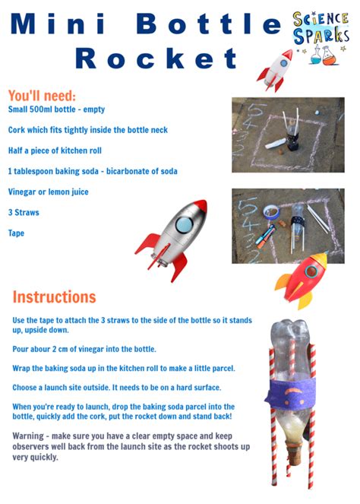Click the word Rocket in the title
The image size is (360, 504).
[156, 58]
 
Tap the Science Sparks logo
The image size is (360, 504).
[321, 37]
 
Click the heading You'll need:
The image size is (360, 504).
[42, 96]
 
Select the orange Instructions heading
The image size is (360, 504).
[54, 296]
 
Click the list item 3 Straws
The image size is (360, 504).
[24, 212]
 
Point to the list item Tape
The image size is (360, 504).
[16, 233]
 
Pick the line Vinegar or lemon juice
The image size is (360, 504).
[48, 192]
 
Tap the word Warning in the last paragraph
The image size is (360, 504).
[28, 436]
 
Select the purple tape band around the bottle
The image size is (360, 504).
[291, 395]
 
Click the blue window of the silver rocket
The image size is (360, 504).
[184, 225]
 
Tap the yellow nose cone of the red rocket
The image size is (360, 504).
[319, 259]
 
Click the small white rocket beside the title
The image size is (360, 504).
[275, 71]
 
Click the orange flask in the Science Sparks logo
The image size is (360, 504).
[330, 56]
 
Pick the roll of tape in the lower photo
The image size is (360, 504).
[271, 212]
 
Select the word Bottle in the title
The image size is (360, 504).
[210, 24]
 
